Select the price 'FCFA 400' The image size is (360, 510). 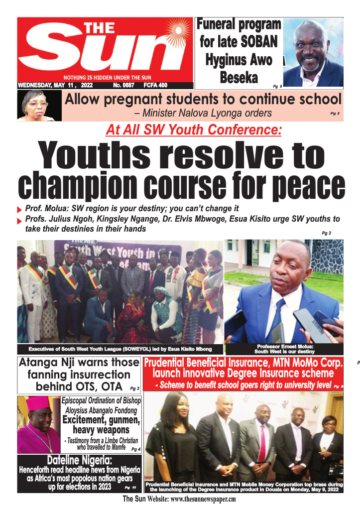click(155, 85)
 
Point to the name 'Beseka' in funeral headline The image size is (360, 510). click(239, 78)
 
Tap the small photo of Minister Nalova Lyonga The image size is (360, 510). click(36, 105)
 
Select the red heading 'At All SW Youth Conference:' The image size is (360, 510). click(194, 130)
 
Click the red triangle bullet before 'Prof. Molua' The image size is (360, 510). click(19, 210)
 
